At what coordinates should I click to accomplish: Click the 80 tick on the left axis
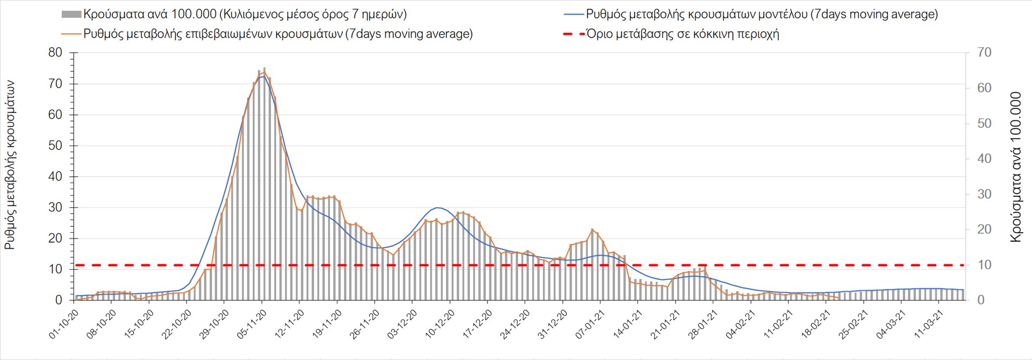[55, 53]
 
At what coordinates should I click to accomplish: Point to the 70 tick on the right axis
[984, 53]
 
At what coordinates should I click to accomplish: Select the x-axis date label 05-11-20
[252, 324]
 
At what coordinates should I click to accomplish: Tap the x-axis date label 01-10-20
[64, 324]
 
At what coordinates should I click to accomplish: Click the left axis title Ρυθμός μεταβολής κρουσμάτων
[10, 165]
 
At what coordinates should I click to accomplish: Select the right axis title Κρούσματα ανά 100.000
[1015, 167]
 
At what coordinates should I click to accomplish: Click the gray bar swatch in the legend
[71, 15]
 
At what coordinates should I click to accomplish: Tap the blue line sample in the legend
[574, 15]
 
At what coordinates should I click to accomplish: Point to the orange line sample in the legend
[71, 34]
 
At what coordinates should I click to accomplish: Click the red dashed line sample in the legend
[574, 34]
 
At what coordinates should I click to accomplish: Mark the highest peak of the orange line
[264, 71]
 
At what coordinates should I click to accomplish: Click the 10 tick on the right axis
[984, 265]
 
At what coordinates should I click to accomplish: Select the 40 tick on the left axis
[55, 176]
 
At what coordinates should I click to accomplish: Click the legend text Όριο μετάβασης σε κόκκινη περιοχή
[683, 34]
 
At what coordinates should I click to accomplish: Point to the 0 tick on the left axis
[59, 300]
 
